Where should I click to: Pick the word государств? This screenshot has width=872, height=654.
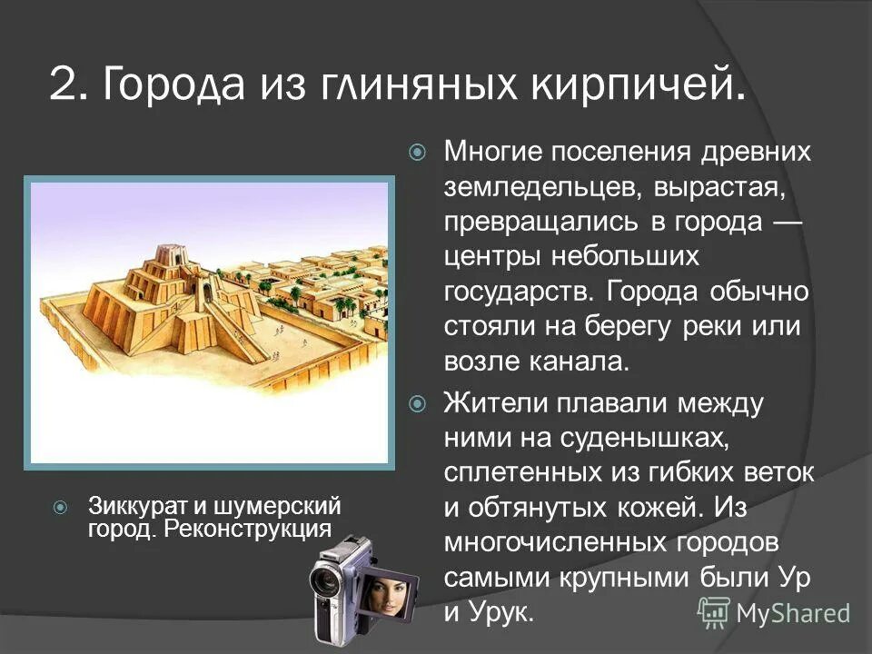517,292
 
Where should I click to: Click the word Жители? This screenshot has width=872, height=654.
494,402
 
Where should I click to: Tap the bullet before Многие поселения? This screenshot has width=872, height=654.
417,152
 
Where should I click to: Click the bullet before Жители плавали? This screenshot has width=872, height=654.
417,402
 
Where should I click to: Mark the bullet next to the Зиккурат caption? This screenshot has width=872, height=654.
59,506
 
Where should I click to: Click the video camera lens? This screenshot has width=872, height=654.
325,581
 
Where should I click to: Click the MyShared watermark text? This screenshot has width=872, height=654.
792,613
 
